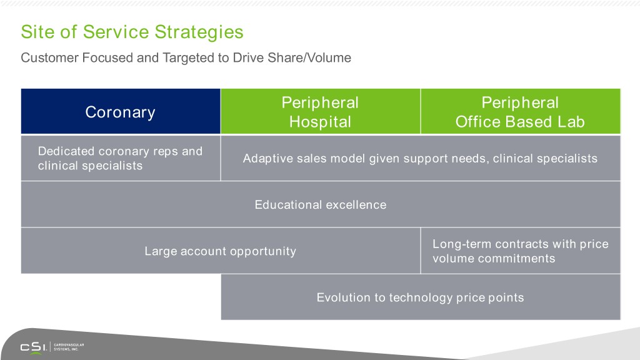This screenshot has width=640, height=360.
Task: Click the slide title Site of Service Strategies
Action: coord(132,32)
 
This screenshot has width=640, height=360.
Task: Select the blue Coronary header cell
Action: coord(121,111)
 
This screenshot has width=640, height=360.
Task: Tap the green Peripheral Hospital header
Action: coord(321,111)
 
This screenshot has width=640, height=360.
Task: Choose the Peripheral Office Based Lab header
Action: coord(521,111)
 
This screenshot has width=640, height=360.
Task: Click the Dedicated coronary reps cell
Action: coord(121,158)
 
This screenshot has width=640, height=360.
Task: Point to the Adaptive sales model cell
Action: coord(421,158)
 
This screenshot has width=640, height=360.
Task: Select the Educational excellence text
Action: coord(321,204)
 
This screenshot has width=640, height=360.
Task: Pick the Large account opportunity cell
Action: coord(221,251)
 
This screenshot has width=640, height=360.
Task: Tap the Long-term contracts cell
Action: coord(521,251)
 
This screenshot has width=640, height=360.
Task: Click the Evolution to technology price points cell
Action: coord(421,297)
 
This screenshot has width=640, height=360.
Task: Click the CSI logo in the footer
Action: coord(34,347)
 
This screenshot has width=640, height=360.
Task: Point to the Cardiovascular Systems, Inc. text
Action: coord(69,347)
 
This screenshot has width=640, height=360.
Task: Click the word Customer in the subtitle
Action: coord(49,57)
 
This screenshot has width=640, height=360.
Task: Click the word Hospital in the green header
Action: coord(321,122)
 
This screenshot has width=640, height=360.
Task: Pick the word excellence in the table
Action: coord(356,204)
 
